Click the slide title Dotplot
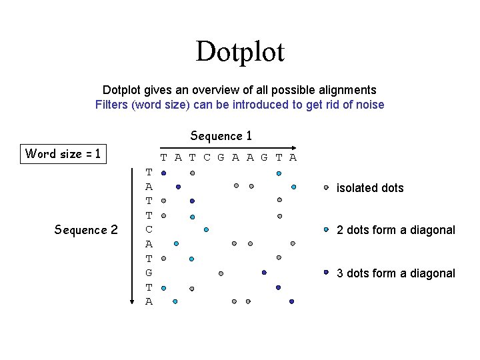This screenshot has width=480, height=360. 240,51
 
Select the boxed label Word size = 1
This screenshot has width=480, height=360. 63,154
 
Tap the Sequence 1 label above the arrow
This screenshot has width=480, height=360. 221,136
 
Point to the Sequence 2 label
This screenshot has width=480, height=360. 86,230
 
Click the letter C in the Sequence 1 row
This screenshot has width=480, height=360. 207,158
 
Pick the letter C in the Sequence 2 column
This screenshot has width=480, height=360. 149,229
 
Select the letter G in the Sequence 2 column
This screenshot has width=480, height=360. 149,273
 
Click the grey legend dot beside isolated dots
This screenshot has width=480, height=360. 326,187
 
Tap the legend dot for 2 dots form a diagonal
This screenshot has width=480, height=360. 326,229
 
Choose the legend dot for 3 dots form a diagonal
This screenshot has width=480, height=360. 326,272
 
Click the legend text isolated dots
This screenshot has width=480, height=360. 370,188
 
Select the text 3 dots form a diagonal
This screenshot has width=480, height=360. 396,273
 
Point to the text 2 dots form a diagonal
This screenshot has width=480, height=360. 396,230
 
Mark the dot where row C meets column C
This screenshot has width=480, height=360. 206,229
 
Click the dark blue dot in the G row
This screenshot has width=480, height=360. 264,273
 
